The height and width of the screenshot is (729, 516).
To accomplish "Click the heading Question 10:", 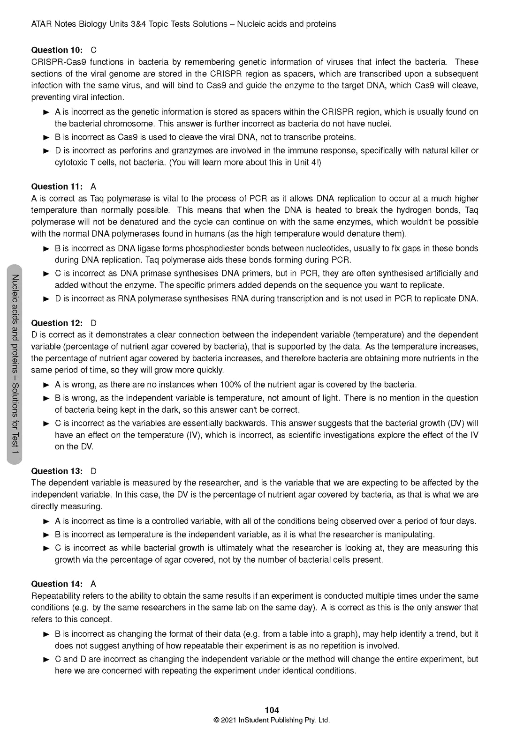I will tap(56, 50).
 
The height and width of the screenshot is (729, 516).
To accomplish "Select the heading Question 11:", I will tap(56, 186).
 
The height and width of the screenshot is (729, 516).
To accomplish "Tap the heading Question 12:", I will tap(56, 323).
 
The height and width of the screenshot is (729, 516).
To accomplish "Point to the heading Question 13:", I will tap(56, 471).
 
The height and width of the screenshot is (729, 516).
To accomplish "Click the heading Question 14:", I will tap(56, 584).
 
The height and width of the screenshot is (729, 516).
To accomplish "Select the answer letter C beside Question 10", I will tap(94, 50).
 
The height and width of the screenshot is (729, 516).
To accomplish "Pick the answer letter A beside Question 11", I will tap(93, 186).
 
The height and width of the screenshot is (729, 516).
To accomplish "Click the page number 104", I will tap(272, 710).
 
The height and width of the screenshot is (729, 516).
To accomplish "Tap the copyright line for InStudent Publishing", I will tap(272, 720).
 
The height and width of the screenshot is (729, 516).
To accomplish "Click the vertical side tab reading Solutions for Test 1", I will tap(15, 364).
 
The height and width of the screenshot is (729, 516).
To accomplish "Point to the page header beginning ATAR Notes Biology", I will tap(183, 24).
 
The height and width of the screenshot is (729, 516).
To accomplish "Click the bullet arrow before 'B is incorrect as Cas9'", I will tap(46, 137).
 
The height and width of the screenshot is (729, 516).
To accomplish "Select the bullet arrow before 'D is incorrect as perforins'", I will tap(46, 151).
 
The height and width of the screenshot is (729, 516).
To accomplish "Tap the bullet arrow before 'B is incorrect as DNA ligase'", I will tap(46, 249).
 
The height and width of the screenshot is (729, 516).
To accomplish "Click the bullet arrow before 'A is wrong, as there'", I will tap(46, 385).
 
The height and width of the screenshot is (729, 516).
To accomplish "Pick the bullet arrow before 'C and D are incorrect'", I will tap(46, 659).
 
